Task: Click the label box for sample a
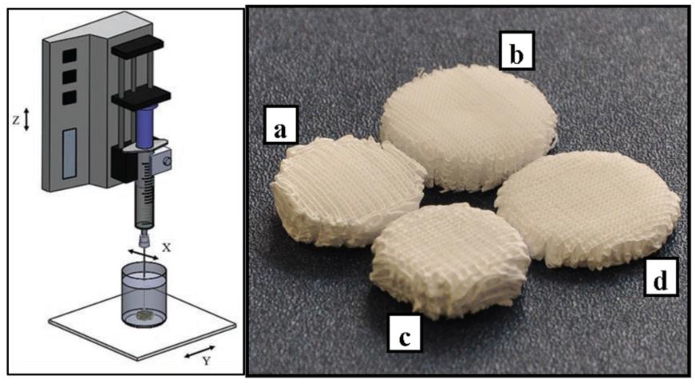(x=280, y=125)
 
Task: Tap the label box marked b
(x=516, y=50)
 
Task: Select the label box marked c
(x=404, y=333)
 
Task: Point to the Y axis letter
(x=206, y=361)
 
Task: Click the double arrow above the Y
(x=200, y=352)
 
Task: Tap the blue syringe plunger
(x=145, y=127)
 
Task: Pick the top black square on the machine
(x=70, y=55)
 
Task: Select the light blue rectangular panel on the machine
(x=70, y=154)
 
